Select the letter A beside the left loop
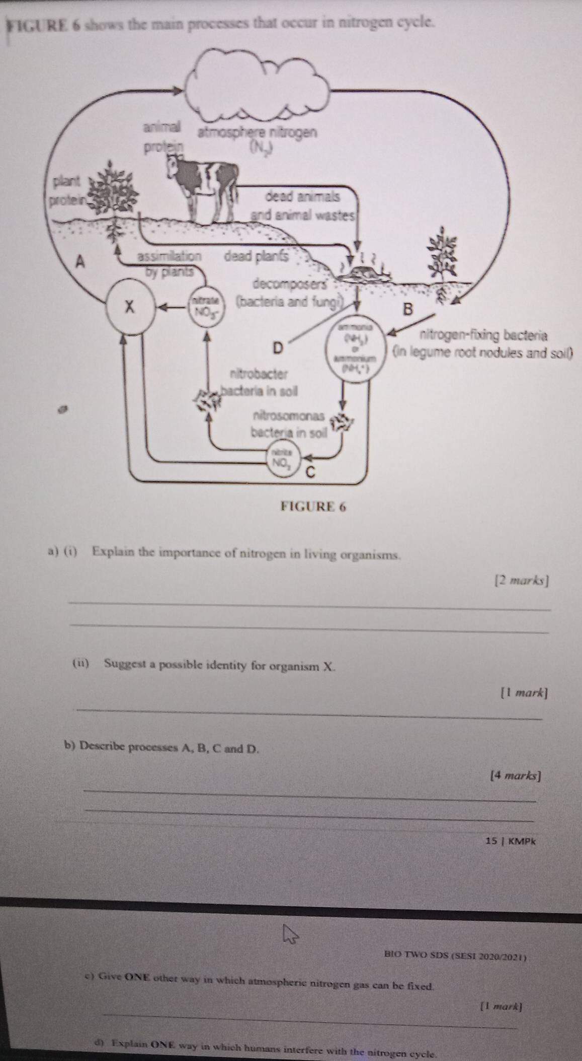coord(79,262)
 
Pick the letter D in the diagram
coord(278,347)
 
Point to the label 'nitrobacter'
coord(258,374)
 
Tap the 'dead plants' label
coord(257,256)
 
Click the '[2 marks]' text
coord(522,581)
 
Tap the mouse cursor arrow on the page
coord(290,937)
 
